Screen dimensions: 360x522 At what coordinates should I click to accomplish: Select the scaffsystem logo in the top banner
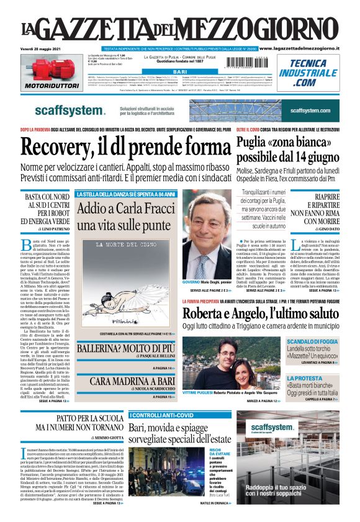coord(70,110)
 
